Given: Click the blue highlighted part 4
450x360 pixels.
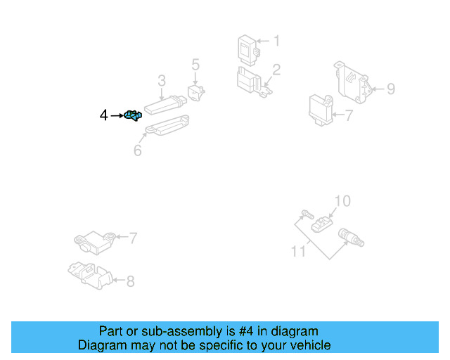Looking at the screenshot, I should click(x=132, y=115).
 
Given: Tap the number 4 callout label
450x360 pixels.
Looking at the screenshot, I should click(x=104, y=115).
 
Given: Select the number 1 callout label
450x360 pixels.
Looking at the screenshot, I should click(x=276, y=41).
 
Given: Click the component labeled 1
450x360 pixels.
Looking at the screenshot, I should click(x=247, y=48).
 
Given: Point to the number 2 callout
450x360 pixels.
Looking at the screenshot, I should click(x=276, y=70).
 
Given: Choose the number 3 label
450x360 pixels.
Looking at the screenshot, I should click(x=161, y=80).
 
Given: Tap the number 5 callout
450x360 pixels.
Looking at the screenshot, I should click(x=195, y=65).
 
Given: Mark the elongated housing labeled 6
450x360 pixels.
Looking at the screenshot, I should click(x=165, y=127).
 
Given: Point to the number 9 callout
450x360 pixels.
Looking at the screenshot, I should click(x=391, y=89).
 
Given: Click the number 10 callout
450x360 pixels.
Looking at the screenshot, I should click(x=341, y=202).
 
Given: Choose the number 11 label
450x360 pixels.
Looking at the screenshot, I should click(x=298, y=250).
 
